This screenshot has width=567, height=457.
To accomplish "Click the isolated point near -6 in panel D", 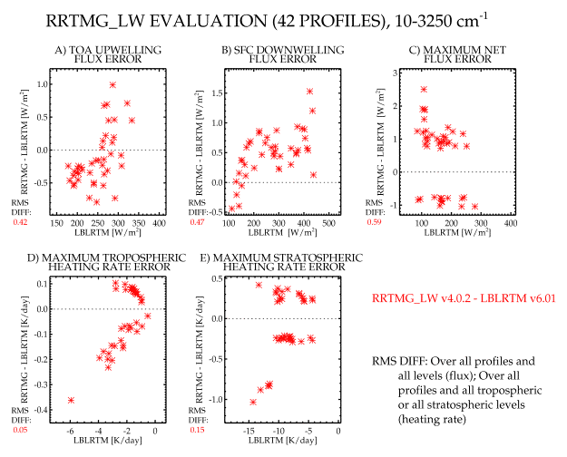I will pyautogui.click(x=71, y=400).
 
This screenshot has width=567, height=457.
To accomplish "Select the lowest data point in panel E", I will pyautogui.click(x=253, y=402).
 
